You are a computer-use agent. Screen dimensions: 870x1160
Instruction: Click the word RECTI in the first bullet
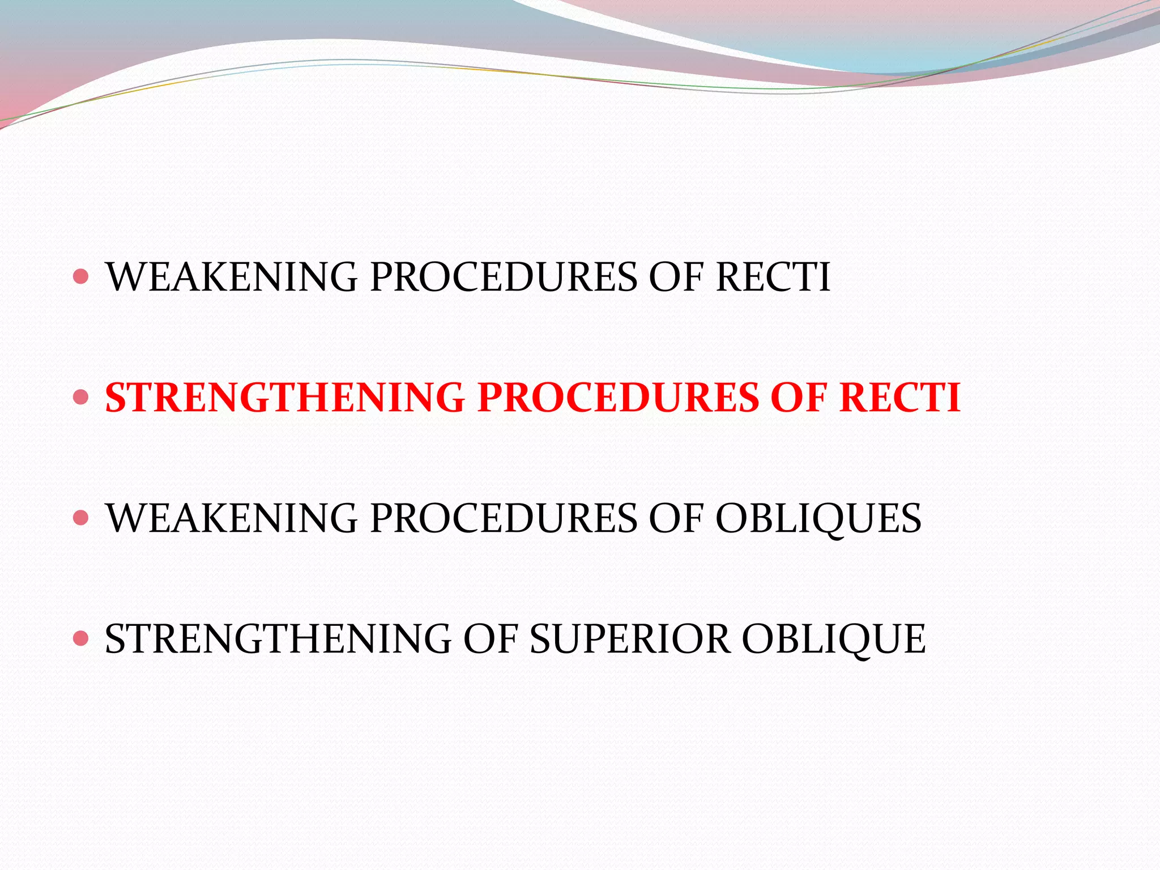pyautogui.click(x=773, y=277)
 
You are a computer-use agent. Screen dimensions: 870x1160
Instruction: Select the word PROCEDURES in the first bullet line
pyautogui.click(x=504, y=277)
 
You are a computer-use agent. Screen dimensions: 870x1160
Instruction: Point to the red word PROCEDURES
pyautogui.click(x=618, y=397)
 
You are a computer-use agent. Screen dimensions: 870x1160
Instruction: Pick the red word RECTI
pyautogui.click(x=900, y=397)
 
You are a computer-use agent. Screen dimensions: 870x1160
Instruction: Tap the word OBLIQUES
pyautogui.click(x=818, y=518)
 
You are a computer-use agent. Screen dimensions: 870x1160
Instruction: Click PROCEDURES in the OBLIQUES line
pyautogui.click(x=504, y=518)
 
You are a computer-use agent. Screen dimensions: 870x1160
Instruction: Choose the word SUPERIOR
pyautogui.click(x=629, y=639)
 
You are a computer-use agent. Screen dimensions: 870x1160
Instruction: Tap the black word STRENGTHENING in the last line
pyautogui.click(x=278, y=639)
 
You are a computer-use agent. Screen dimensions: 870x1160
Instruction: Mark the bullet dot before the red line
pyautogui.click(x=82, y=397)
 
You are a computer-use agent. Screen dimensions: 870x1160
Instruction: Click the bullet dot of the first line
pyautogui.click(x=82, y=276)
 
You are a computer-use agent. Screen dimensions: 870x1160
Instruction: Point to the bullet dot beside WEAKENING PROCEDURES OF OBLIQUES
pyautogui.click(x=82, y=518)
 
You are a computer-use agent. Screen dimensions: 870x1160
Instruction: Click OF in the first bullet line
pyautogui.click(x=676, y=277)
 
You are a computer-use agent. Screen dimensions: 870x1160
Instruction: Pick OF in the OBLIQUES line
pyautogui.click(x=676, y=518)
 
